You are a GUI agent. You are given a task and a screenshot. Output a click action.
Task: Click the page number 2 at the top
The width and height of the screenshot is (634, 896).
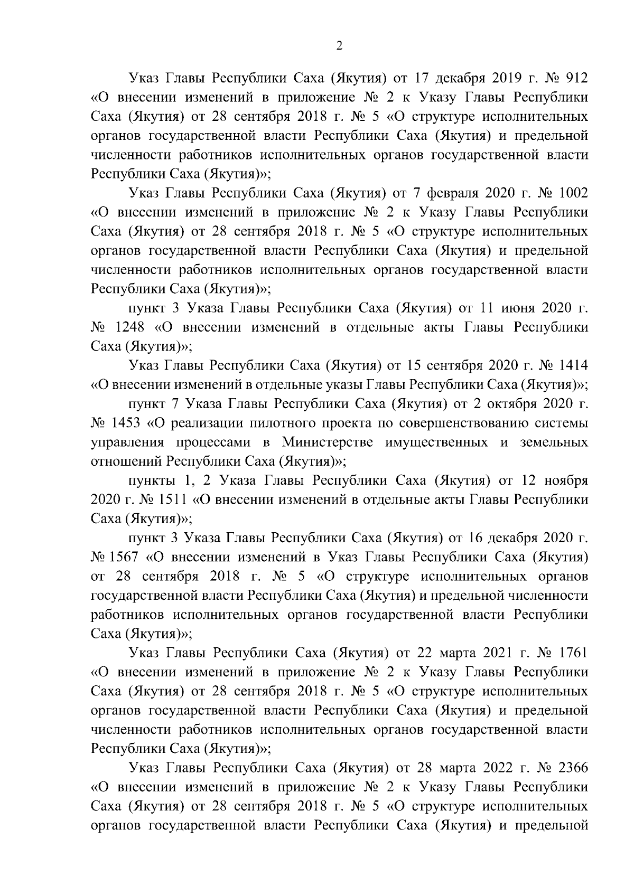(x=339, y=46)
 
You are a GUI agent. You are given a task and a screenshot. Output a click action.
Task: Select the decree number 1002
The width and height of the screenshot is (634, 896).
(x=573, y=193)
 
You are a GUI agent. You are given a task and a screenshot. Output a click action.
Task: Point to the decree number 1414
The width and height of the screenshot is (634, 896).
(x=573, y=365)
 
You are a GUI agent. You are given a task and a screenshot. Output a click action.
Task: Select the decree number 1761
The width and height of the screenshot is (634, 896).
(x=573, y=653)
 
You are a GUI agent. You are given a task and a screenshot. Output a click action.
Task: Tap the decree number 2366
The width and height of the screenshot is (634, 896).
(x=573, y=767)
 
